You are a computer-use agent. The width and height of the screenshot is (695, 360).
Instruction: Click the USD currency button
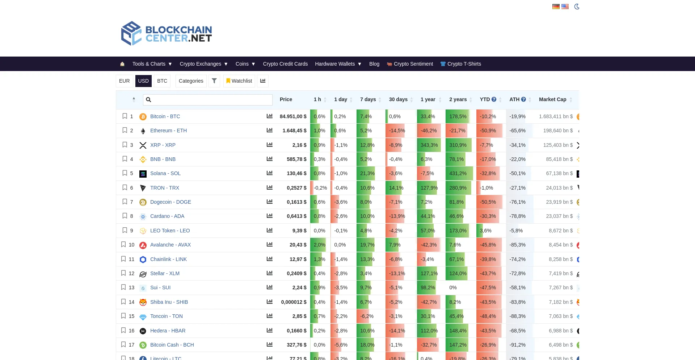[143, 81]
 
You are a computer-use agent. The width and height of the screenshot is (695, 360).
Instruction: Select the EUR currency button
[124, 81]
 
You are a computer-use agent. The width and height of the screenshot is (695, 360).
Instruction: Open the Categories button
[191, 81]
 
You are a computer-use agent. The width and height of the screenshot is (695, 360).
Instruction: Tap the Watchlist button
[239, 81]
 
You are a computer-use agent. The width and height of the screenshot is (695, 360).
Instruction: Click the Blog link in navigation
[374, 64]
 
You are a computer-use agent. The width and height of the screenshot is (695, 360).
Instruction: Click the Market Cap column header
[552, 99]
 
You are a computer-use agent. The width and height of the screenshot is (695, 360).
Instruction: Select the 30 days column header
[398, 99]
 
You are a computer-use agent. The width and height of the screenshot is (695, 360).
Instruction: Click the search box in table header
[208, 100]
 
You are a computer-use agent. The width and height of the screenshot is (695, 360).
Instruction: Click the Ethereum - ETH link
[168, 131]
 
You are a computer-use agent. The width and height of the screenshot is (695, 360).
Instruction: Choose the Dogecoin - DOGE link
[170, 202]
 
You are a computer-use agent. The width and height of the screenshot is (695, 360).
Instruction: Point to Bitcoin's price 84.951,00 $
[293, 116]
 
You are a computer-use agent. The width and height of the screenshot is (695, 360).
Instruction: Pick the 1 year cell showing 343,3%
[429, 145]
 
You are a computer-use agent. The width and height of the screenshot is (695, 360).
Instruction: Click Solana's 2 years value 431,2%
[458, 173]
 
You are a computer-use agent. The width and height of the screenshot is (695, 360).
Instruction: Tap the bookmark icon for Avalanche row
[123, 244]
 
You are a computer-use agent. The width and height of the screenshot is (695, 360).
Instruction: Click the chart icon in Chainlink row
[269, 259]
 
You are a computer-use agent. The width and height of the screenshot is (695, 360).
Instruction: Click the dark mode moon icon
[577, 7]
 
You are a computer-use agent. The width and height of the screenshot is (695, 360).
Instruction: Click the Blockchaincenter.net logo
[167, 33]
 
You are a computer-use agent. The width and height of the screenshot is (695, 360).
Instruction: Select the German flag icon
[556, 7]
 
